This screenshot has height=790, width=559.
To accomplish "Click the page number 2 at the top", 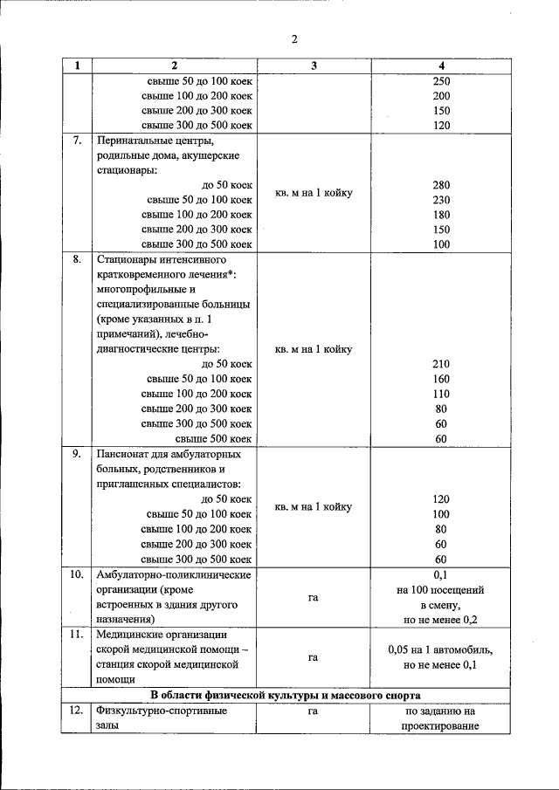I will tap(294, 39).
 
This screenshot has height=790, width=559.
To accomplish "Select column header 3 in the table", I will tap(313, 66).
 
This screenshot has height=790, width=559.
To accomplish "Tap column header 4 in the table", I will tap(441, 66).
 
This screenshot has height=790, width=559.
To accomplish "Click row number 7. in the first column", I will tap(77, 140).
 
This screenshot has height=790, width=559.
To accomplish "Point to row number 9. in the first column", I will tap(77, 454).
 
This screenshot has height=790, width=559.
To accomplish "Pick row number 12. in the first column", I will tap(77, 711).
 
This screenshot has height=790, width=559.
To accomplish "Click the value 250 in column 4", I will tap(441, 81).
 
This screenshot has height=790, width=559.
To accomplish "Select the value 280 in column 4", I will tap(441, 185).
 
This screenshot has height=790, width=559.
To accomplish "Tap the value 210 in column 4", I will tap(441, 364).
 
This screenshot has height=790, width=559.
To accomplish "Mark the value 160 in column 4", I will tap(441, 379).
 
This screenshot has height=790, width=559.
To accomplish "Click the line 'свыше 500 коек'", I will tap(214, 438).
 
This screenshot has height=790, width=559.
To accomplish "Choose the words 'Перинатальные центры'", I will tap(152, 141).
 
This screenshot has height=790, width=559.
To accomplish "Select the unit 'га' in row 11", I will tap(313, 657).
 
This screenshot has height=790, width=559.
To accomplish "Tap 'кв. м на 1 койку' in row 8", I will tap(314, 349).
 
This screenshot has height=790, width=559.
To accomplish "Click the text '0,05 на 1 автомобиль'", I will tap(440, 650).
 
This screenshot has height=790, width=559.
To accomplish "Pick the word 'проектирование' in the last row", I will tap(440, 726).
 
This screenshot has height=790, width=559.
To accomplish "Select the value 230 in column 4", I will tap(441, 200).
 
